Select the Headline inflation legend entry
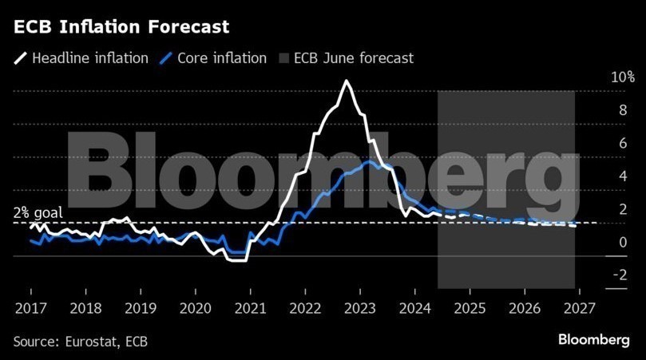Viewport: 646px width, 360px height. [89, 58]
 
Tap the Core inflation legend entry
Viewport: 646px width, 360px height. [222, 58]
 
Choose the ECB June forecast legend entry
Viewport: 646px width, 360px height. [353, 58]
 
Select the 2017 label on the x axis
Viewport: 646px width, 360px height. [30, 307]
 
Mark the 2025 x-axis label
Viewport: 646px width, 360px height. [470, 307]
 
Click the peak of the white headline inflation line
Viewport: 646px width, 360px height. [347, 81]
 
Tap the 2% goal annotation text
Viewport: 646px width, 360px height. [37, 213]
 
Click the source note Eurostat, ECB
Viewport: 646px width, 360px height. [81, 341]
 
